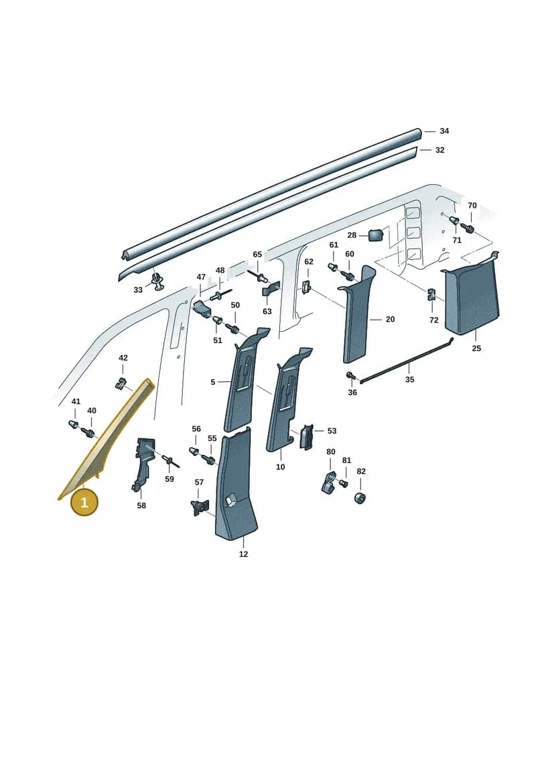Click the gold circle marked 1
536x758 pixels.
(84, 502)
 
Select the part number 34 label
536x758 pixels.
(444, 131)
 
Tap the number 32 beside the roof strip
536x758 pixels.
(440, 150)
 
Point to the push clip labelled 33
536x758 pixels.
(157, 281)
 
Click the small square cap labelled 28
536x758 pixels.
(376, 235)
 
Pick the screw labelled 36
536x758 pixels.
(350, 375)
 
